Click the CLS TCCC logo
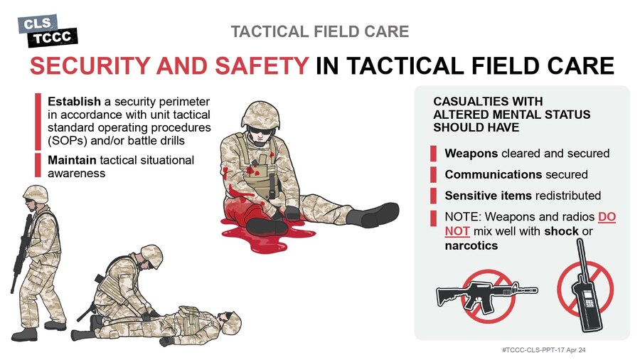point(48,31)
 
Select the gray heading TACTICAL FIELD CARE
point(319,31)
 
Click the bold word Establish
point(74,101)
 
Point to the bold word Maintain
point(72,160)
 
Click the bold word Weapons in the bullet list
point(471,154)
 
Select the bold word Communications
point(493,174)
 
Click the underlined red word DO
point(607,216)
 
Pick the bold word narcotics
point(471,245)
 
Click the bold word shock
point(561,231)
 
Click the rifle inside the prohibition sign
point(487,295)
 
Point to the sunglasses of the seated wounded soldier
point(259,132)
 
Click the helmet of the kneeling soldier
point(151,255)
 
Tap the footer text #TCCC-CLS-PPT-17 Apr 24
point(544,350)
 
